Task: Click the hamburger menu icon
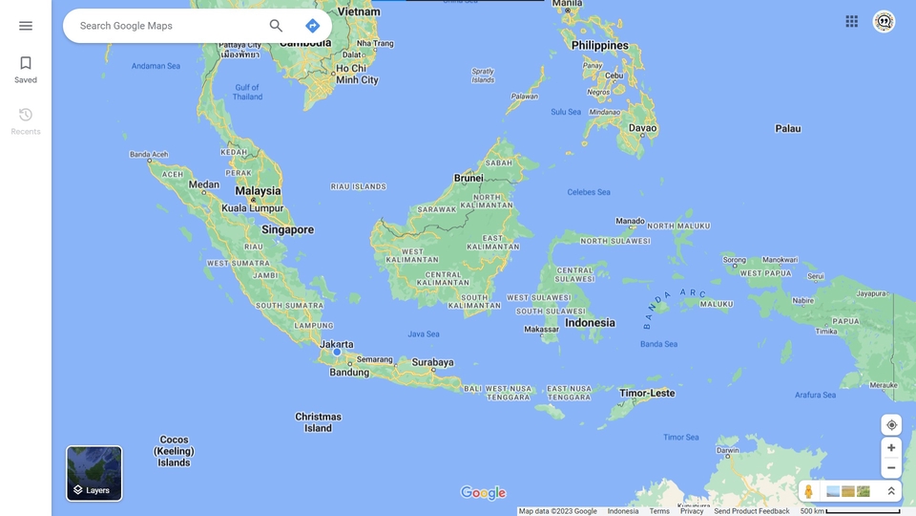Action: point(26,26)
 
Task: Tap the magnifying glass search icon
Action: point(276,26)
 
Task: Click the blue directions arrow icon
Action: point(312,26)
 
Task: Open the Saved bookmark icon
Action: point(26,64)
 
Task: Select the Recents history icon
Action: point(26,115)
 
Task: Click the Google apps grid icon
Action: point(851,21)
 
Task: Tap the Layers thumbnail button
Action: point(94,473)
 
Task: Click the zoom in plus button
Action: point(891,447)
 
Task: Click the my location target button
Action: point(891,425)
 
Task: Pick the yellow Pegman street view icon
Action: point(809,491)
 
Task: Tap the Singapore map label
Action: point(287,229)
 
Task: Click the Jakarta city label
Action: point(336,344)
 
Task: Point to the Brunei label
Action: point(468,178)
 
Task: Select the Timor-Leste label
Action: point(647,393)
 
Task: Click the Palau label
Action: point(788,128)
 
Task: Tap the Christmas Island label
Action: point(318,422)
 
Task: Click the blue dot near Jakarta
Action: point(337,352)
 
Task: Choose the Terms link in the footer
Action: point(659,511)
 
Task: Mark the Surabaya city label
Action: point(432,362)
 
